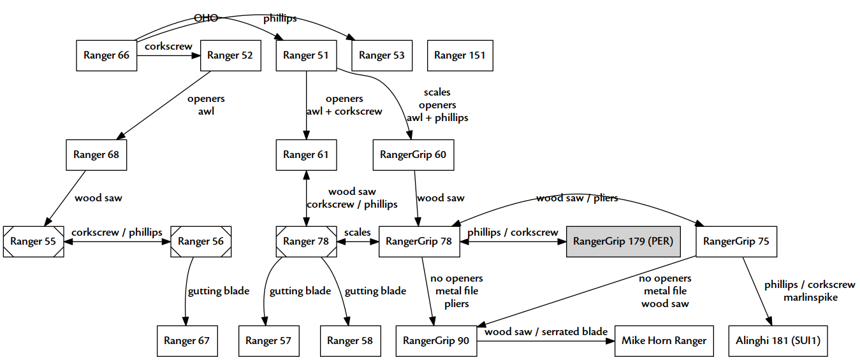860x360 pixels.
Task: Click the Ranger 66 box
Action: (106, 55)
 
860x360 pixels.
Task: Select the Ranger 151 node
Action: (460, 55)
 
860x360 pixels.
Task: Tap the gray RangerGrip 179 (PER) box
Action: (623, 241)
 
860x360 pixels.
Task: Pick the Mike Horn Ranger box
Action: (664, 341)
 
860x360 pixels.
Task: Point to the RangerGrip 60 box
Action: (413, 155)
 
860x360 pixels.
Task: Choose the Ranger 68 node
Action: (96, 155)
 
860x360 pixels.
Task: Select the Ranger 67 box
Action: (187, 341)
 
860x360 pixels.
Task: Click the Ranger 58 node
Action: (350, 341)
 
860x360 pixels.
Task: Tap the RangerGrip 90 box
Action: (436, 341)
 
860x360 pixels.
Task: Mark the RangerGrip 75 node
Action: (736, 241)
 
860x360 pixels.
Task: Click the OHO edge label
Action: (206, 18)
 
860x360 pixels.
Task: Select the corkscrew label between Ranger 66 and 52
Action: (169, 47)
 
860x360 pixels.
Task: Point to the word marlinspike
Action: (810, 298)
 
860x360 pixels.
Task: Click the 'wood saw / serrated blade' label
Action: (546, 332)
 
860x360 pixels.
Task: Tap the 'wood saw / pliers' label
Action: (577, 198)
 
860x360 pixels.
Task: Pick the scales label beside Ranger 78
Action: (357, 233)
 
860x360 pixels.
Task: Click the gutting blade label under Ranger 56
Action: (218, 291)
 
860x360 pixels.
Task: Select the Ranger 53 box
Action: (382, 55)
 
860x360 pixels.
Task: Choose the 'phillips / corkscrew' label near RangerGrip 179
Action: (513, 233)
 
